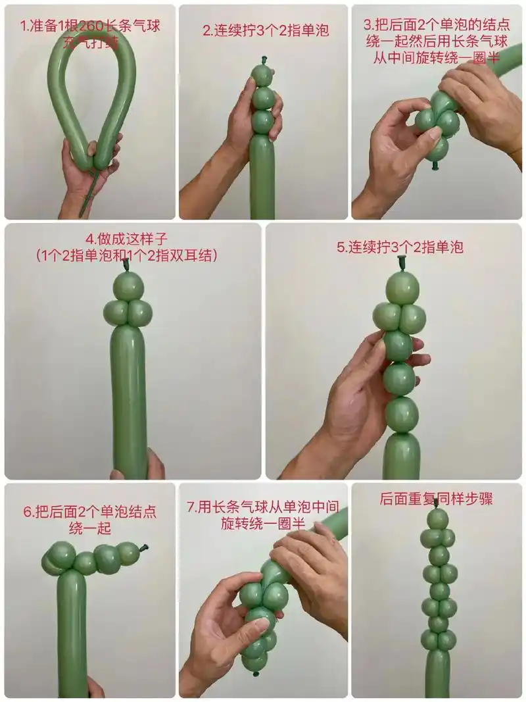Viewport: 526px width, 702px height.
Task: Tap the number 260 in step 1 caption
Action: (x=93, y=27)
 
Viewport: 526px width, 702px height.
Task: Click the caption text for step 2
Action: (x=266, y=30)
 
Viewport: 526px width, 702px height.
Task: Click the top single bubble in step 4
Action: (x=128, y=286)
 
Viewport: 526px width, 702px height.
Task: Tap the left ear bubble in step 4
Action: (x=117, y=313)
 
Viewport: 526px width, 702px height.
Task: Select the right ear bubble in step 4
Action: (x=140, y=313)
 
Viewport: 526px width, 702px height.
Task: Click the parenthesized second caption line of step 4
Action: (x=126, y=255)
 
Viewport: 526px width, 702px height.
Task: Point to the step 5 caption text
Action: (x=400, y=247)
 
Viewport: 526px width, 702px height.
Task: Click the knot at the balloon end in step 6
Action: (x=145, y=547)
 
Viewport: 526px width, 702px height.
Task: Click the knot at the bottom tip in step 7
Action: (x=255, y=672)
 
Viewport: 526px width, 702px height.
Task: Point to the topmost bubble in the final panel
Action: (x=437, y=520)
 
